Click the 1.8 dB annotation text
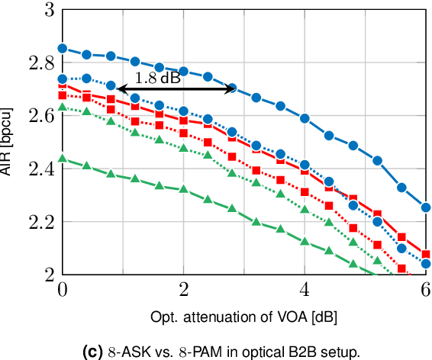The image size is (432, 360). (x=158, y=77)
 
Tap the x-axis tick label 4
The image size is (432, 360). (x=305, y=290)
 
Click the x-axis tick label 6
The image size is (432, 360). (x=426, y=290)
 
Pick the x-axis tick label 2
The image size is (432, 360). (x=183, y=290)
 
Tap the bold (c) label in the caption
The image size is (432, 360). (x=92, y=352)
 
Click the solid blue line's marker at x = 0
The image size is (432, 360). (x=63, y=48)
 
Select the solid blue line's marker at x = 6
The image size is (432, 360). (x=426, y=207)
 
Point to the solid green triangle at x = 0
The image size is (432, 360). (x=63, y=159)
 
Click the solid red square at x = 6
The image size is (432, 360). (x=426, y=254)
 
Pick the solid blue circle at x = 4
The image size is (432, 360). (x=305, y=118)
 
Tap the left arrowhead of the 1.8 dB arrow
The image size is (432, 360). (x=120, y=89)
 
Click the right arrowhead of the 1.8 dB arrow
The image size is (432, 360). (x=234, y=89)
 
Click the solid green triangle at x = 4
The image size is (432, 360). (x=305, y=242)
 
